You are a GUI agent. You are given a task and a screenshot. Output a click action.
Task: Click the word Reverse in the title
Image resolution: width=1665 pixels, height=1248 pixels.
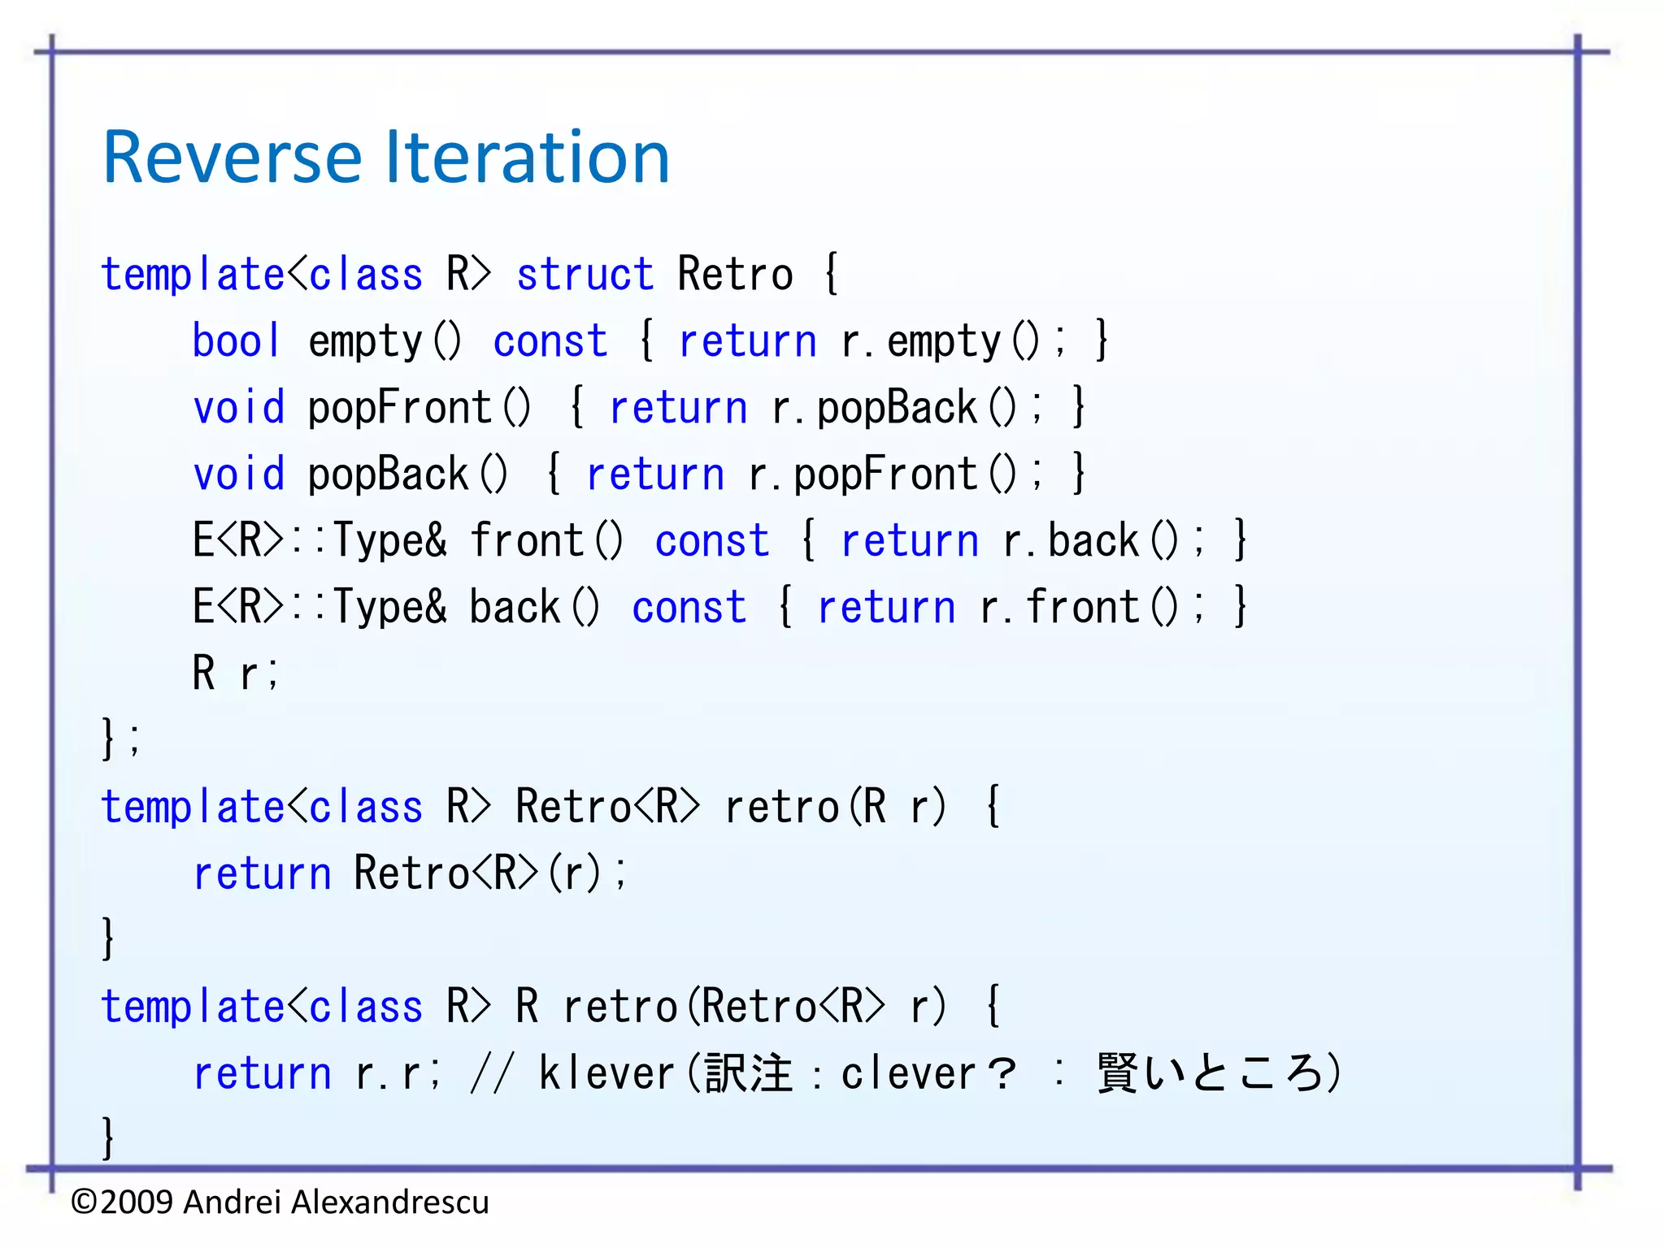tap(232, 158)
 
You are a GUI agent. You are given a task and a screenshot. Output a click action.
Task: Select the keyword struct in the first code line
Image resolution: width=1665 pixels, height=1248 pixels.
tap(585, 275)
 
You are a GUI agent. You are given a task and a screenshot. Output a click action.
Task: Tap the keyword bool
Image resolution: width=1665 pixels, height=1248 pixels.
tap(236, 341)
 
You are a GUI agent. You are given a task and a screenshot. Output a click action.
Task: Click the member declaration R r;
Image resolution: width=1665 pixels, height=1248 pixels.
tap(235, 674)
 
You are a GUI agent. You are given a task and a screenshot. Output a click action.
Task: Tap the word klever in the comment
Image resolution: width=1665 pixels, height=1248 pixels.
tap(606, 1074)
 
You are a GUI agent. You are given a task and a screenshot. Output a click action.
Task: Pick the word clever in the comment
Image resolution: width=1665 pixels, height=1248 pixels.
tap(907, 1074)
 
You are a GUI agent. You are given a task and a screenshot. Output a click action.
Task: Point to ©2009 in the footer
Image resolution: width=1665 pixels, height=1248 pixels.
tap(122, 1202)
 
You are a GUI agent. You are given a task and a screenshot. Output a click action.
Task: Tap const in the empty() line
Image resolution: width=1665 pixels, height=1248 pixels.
tap(550, 341)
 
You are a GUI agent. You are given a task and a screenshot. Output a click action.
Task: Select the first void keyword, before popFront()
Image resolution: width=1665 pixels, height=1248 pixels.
tap(238, 408)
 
